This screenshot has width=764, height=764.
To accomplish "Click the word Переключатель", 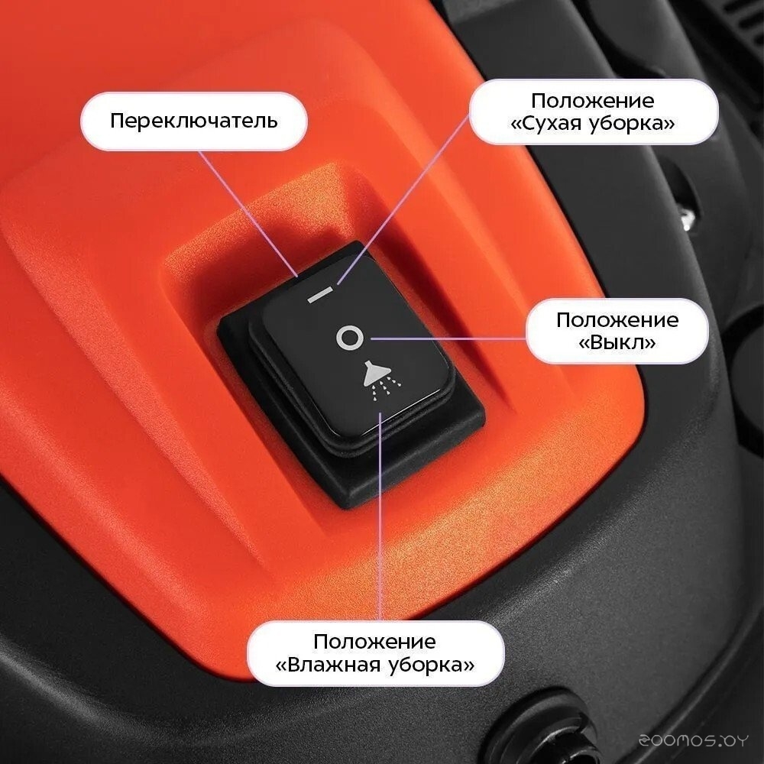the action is pyautogui.click(x=194, y=121).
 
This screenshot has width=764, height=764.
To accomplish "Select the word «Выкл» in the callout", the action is pyautogui.click(x=617, y=342).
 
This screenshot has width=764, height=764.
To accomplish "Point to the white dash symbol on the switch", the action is pyautogui.click(x=319, y=295).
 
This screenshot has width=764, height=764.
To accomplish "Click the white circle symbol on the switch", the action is pyautogui.click(x=349, y=337).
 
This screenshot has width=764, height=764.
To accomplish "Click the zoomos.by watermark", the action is pyautogui.click(x=693, y=740).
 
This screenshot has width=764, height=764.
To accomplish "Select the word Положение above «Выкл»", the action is pyautogui.click(x=617, y=320).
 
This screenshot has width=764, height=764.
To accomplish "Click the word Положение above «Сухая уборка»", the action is pyautogui.click(x=593, y=101).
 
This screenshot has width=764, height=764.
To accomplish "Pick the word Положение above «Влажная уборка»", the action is pyautogui.click(x=374, y=641).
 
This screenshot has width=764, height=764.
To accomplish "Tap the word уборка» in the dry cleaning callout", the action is pyautogui.click(x=632, y=123).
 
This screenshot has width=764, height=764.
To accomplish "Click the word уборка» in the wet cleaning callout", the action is pyautogui.click(x=431, y=664).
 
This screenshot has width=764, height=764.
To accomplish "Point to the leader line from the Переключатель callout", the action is pyautogui.click(x=248, y=213).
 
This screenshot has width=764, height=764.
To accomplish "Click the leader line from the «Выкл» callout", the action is pyautogui.click(x=448, y=338).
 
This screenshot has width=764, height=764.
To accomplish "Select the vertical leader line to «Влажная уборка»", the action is pyautogui.click(x=380, y=516).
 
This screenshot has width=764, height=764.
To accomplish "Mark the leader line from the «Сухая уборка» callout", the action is pyautogui.click(x=403, y=199).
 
